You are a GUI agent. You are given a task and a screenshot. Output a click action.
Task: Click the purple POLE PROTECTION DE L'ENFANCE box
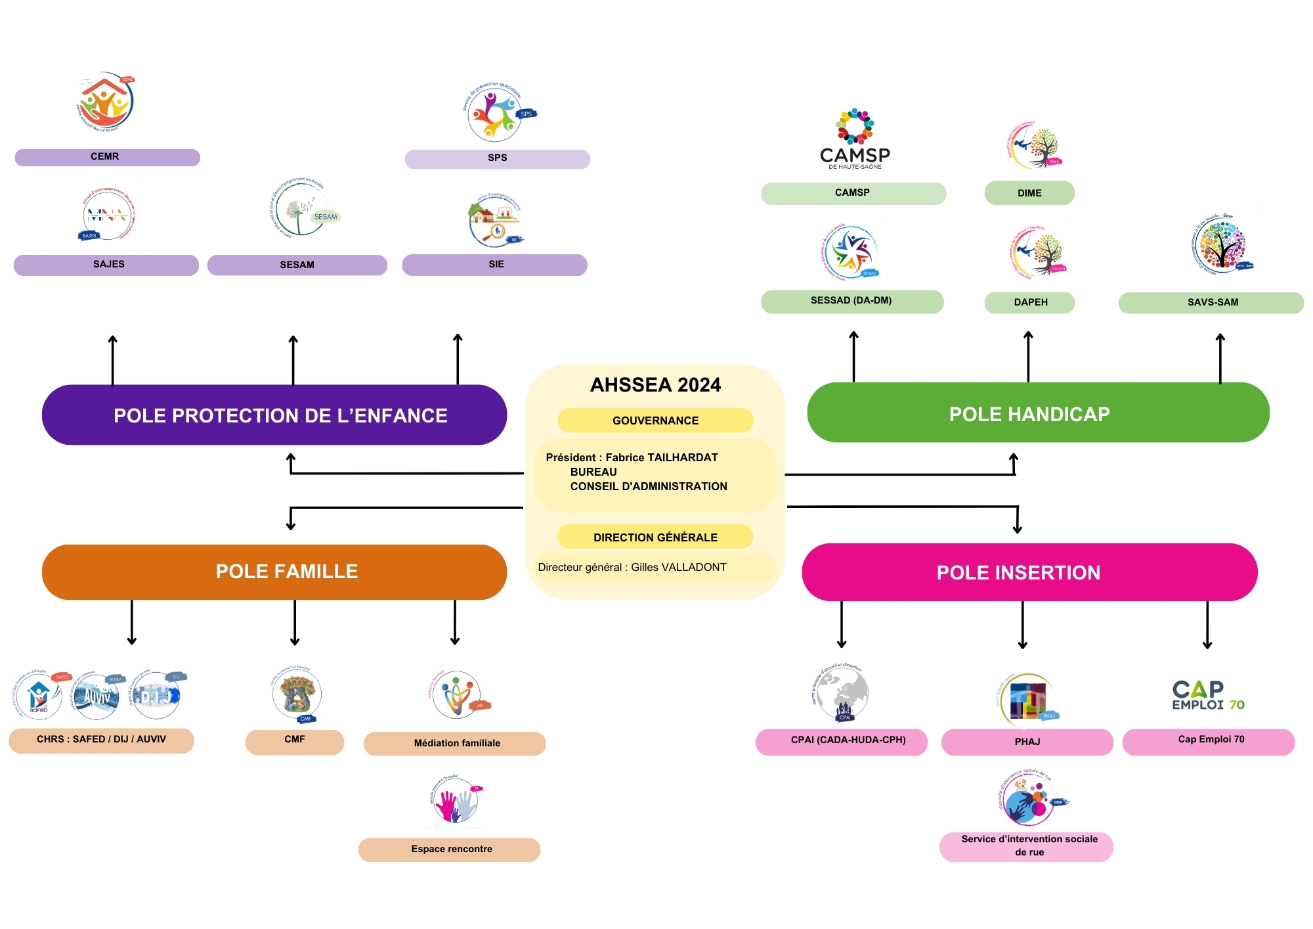click(274, 415)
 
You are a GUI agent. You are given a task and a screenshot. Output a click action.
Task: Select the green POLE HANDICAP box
click(1037, 413)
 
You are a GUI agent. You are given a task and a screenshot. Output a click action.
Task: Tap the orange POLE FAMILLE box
click(274, 572)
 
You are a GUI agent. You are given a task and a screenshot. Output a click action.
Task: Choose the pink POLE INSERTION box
click(1029, 572)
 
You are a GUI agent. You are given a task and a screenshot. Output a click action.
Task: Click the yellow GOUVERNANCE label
click(655, 420)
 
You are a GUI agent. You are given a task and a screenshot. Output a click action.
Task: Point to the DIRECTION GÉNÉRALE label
click(655, 537)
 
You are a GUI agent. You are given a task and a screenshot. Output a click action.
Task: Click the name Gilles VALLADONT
click(679, 567)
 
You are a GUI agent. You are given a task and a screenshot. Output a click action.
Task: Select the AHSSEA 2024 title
click(655, 384)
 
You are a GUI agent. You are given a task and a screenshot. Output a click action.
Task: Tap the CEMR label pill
click(107, 157)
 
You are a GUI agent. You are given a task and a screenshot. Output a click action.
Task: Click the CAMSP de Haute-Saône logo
click(855, 139)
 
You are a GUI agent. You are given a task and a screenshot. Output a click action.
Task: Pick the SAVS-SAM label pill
click(1211, 302)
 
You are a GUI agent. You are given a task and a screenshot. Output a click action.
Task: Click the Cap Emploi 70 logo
click(1208, 696)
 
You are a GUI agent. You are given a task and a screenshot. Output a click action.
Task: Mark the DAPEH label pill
click(1029, 302)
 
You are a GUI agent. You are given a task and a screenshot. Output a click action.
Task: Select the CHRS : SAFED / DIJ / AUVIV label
click(101, 740)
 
